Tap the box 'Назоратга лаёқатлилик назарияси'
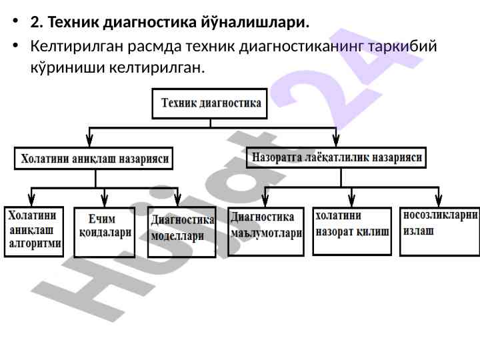point(337,158)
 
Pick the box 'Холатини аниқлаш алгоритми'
point(34,231)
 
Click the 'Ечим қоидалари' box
point(105,231)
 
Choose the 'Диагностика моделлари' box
point(182,231)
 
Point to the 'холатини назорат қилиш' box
point(352,230)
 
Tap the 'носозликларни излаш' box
point(440,230)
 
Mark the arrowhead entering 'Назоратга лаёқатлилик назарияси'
point(336,140)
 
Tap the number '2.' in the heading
point(37,23)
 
